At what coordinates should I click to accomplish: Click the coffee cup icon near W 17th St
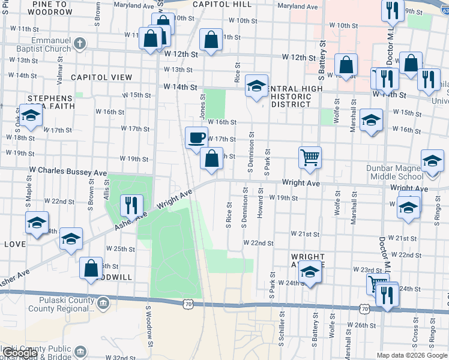pos(196,139)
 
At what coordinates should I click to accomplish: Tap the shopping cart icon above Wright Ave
pos(310,158)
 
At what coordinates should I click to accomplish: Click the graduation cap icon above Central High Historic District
pos(256,86)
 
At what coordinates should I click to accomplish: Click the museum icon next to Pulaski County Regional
pos(104,302)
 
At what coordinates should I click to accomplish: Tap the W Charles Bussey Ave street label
pos(68,172)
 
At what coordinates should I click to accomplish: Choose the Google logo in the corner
pos(19,353)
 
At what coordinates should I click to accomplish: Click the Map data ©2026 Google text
pos(412,355)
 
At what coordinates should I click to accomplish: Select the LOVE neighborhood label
pos(14,244)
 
